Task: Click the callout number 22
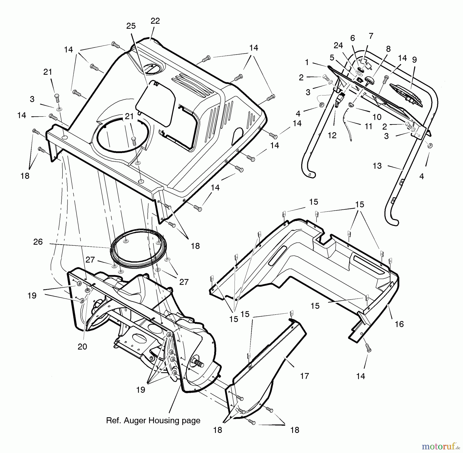coord(155,21)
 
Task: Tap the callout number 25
coord(131,26)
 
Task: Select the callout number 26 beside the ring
coord(38,242)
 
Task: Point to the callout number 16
coord(399,324)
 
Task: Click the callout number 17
coord(304,376)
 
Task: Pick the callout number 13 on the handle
coord(377,166)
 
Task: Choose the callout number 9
coord(414,60)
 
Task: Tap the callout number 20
coord(82,347)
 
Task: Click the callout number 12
coord(332,136)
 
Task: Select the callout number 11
coord(368,126)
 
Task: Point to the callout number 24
coord(338,46)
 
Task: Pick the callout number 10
coord(377,117)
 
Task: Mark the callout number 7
coord(371,36)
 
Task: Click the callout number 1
coord(307,63)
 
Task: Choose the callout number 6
coord(353,38)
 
